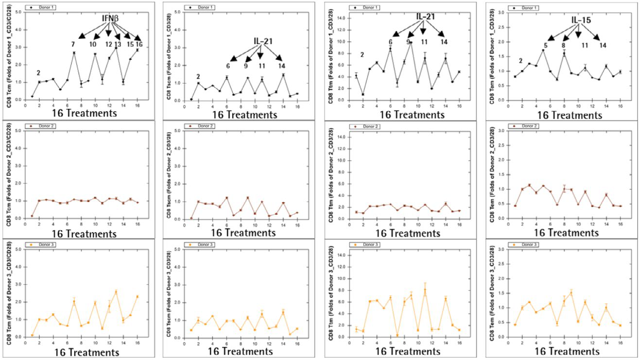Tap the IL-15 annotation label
581,20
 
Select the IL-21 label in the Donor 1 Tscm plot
262,41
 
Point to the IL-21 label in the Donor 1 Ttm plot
425,16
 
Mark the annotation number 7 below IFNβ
73,45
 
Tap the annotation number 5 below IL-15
545,45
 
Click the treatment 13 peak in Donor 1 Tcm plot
117,47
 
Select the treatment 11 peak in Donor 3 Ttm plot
425,290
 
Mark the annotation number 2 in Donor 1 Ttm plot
362,55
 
